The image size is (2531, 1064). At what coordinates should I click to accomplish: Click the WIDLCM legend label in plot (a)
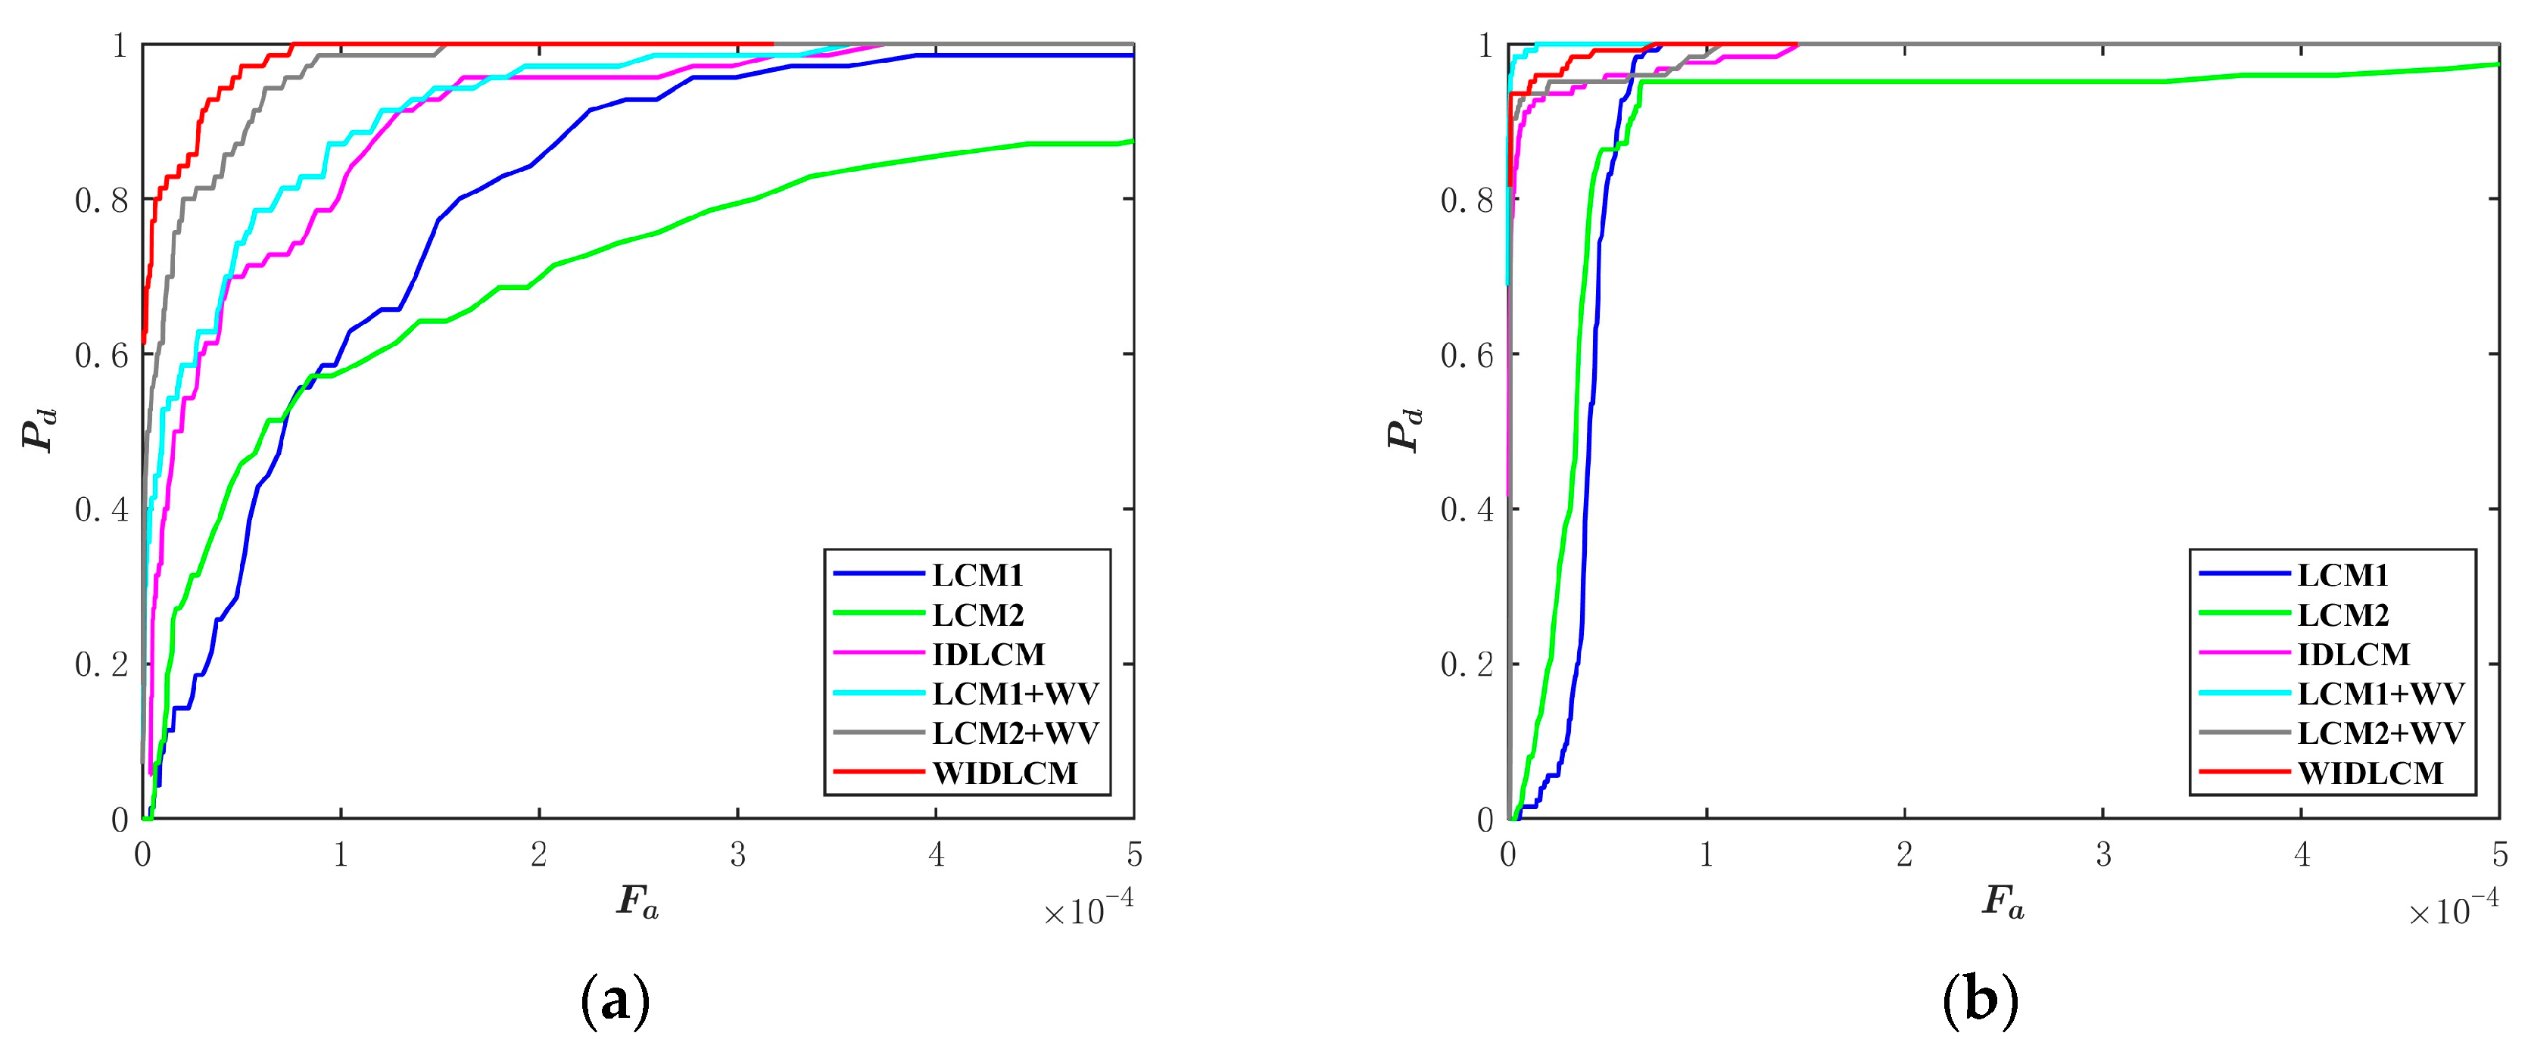click(x=1004, y=773)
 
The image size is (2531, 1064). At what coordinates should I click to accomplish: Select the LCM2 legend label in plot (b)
click(x=2342, y=615)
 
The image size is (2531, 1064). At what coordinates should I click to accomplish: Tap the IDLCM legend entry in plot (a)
click(x=987, y=655)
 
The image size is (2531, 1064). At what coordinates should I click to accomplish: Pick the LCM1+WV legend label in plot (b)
click(x=2380, y=694)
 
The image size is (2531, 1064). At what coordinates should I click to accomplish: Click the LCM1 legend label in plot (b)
click(x=2342, y=576)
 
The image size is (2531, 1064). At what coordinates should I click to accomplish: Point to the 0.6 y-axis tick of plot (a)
click(x=101, y=356)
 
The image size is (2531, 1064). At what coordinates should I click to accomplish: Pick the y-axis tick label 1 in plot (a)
click(x=120, y=46)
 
